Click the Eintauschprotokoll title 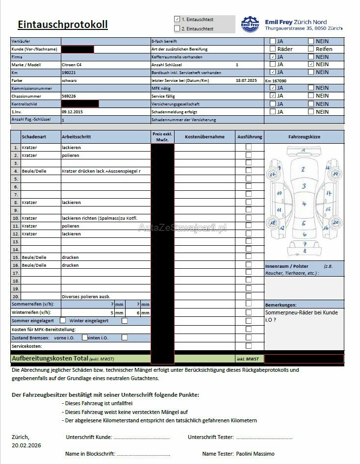pos(62,25)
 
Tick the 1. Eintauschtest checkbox pos(177,19)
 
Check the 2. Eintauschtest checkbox pos(177,28)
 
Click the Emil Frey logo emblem pos(250,25)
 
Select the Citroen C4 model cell pos(72,65)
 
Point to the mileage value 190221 pos(68,73)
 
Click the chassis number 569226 pos(69,96)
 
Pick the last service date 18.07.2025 pos(246,80)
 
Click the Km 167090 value pos(276,80)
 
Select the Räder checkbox pos(273,49)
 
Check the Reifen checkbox pos(311,49)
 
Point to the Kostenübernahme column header pos(205,137)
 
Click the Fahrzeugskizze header pos(304,137)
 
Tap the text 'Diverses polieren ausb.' pos(86,297)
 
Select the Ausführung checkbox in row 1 pos(249,147)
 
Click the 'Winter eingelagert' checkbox pos(125,321)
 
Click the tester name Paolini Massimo pos(255,454)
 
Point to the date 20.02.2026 pos(26,445)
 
